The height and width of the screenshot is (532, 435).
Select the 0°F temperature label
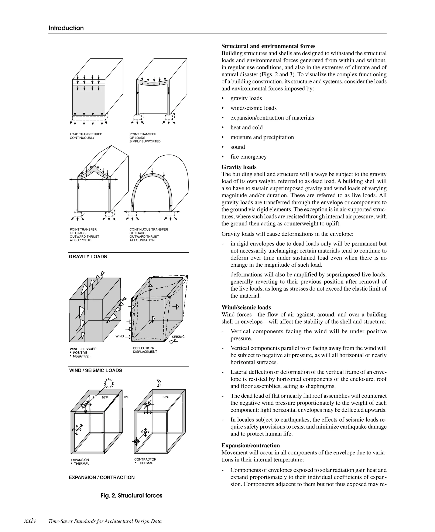127,397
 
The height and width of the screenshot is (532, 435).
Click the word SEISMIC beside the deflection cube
178,337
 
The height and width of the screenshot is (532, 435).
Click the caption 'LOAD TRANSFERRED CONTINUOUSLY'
86,136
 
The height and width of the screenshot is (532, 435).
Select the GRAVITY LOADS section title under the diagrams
88,257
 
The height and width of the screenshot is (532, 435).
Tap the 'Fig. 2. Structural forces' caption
131,496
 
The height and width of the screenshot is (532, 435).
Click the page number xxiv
30,521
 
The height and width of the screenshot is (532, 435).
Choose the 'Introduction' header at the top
66,28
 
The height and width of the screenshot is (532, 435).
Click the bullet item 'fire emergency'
248,157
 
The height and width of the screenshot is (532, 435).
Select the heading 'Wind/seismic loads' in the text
246,307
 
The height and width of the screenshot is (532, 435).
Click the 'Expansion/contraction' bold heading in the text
251,445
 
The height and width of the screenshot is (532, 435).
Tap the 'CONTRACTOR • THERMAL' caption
145,461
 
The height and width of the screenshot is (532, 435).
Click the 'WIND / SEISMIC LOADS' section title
95,370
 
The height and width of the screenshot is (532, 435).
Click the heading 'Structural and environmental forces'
268,46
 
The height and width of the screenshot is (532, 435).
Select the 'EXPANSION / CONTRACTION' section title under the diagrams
102,477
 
